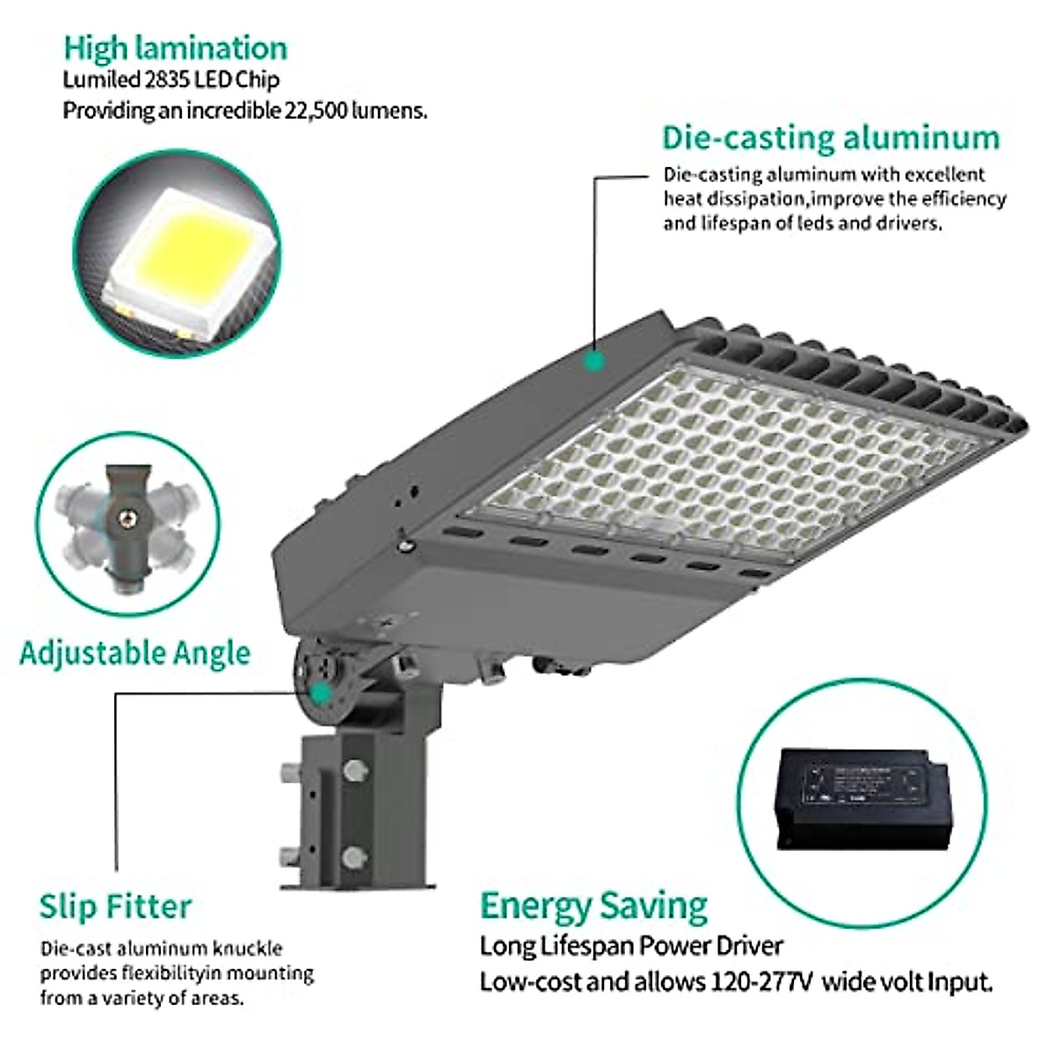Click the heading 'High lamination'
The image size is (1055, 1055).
tap(175, 48)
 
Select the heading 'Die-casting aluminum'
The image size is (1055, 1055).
tap(831, 138)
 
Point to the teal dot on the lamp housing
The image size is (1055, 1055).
tap(595, 360)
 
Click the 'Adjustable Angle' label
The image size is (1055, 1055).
tap(135, 653)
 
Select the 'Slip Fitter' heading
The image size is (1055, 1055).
tap(115, 906)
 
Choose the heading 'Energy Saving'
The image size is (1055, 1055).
tap(593, 906)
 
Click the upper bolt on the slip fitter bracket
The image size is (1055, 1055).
tap(354, 772)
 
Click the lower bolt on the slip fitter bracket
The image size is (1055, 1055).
tap(354, 855)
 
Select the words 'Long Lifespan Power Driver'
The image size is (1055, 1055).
tap(630, 946)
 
